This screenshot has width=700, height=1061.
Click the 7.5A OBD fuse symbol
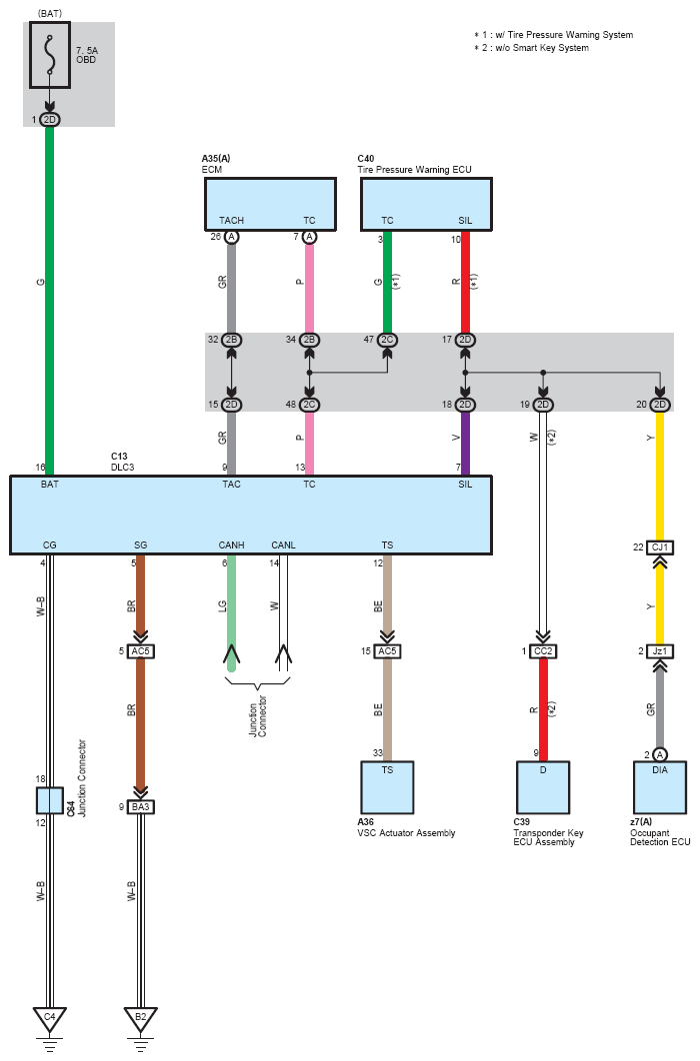[49, 56]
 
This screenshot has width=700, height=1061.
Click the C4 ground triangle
[49, 1018]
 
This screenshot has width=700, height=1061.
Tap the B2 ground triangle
[140, 1018]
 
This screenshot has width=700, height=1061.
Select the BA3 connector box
[140, 806]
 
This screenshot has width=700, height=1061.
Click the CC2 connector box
[543, 651]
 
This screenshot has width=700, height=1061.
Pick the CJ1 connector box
[660, 546]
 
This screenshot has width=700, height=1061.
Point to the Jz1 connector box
[660, 651]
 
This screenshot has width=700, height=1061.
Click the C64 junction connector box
[49, 800]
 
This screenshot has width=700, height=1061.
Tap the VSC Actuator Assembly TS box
[387, 787]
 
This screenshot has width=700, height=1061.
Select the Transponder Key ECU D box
[543, 787]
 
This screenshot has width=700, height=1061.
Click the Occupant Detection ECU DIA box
[660, 787]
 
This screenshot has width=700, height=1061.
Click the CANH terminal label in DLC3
[232, 544]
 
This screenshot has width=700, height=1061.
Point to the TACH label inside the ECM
[232, 220]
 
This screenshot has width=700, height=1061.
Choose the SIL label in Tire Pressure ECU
[465, 220]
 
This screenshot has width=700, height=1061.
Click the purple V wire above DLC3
[465, 444]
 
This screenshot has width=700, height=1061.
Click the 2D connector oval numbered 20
[660, 405]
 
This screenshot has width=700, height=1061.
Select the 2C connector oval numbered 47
[387, 340]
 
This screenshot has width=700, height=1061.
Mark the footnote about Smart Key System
[531, 47]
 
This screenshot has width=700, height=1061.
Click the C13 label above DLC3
[119, 456]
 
